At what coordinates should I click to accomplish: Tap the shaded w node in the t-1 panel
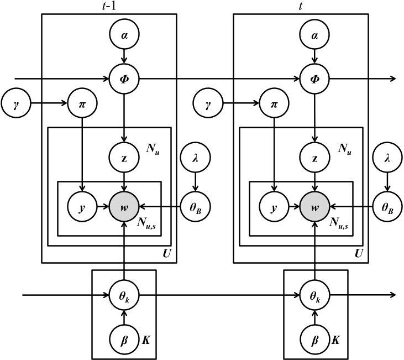(124, 207)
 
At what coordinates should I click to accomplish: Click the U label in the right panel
(359, 255)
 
